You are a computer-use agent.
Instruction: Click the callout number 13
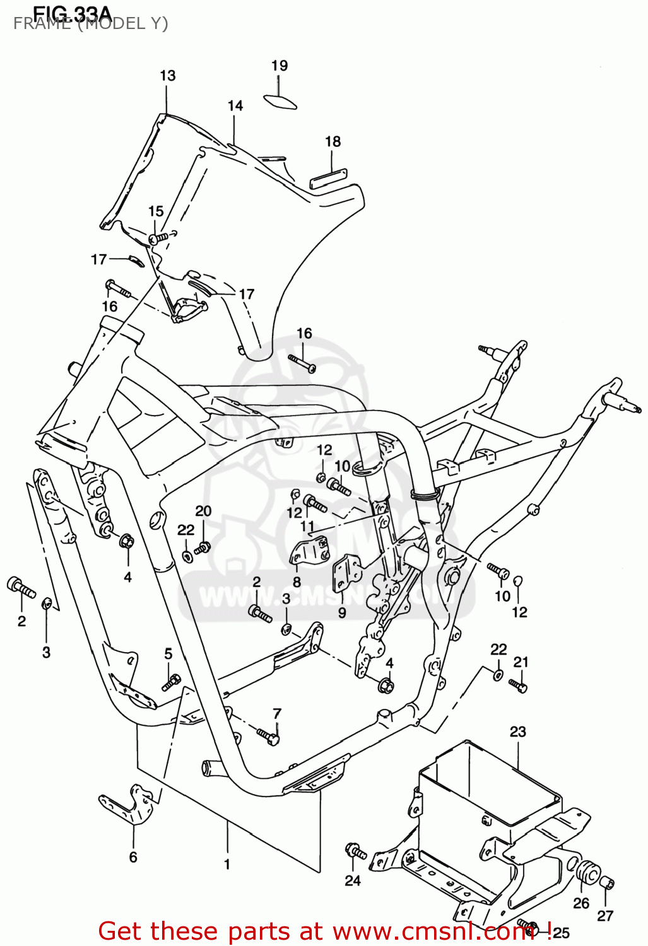[x=167, y=76]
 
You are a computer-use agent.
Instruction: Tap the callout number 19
[x=280, y=66]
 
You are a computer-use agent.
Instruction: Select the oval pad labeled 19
[x=280, y=102]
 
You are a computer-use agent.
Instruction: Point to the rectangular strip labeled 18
[x=328, y=178]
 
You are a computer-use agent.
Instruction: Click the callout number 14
[x=235, y=106]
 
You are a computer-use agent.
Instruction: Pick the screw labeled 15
[x=160, y=238]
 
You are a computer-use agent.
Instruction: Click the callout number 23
[x=517, y=732]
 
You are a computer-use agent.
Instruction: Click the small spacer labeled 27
[x=607, y=884]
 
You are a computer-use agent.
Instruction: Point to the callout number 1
[x=227, y=865]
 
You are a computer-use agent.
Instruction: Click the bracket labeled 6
[x=129, y=805]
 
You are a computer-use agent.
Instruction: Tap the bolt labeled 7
[x=268, y=735]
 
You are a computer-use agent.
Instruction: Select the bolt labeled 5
[x=171, y=682]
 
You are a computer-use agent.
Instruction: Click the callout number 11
[x=307, y=526]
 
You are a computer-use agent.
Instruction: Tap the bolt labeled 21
[x=519, y=686]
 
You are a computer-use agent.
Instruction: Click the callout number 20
[x=203, y=511]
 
